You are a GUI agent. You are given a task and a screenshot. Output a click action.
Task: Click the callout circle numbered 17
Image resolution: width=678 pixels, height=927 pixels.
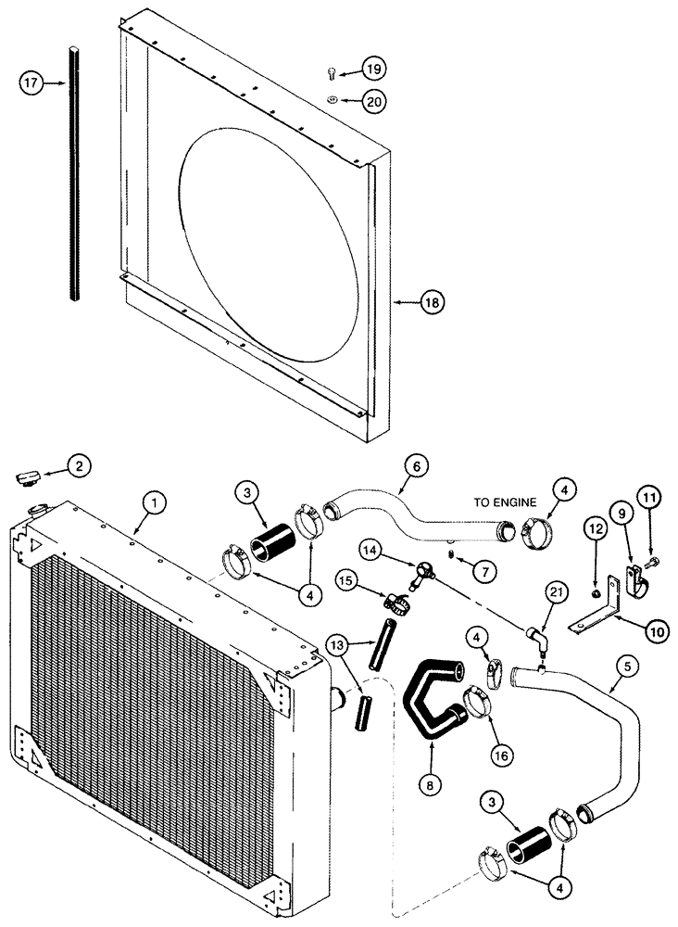[x=31, y=83]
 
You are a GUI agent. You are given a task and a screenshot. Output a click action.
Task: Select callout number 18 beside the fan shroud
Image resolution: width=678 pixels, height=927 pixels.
[x=433, y=302]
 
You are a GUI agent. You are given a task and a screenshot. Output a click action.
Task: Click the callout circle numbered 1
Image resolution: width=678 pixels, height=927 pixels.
[x=156, y=502]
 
